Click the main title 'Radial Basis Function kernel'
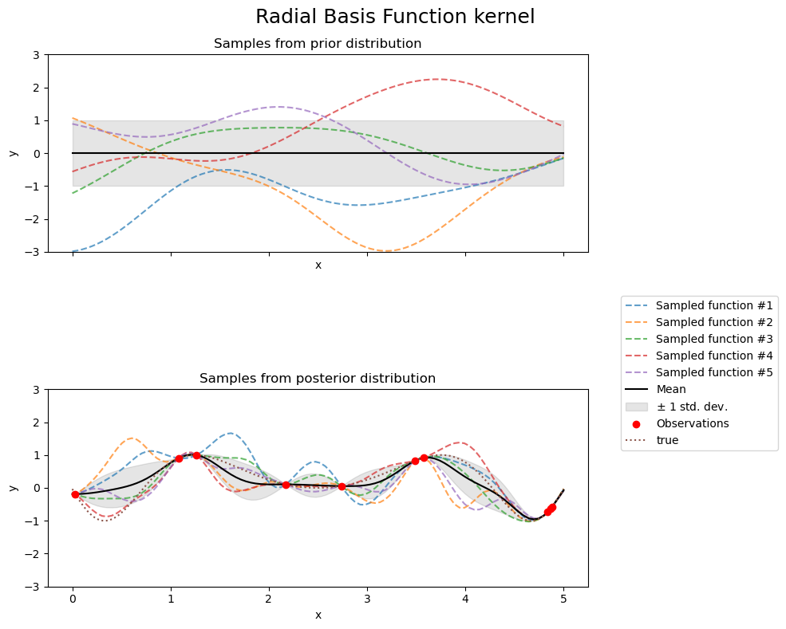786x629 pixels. coord(394,17)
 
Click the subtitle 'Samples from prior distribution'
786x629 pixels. coord(318,44)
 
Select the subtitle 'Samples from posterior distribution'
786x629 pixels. coord(318,379)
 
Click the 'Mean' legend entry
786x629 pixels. coord(671,389)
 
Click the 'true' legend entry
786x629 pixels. coord(667,440)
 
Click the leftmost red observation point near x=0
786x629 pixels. coord(75,494)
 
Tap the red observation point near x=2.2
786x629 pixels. coord(286,485)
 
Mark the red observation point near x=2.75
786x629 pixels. coord(342,486)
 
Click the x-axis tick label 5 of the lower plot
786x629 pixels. coord(563,599)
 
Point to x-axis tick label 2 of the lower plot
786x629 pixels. coord(269,599)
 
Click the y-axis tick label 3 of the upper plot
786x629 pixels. coord(36,55)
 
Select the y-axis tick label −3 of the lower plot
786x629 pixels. coord(33,587)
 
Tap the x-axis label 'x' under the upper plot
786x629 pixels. coord(318,265)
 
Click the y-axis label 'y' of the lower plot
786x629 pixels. coord(13,488)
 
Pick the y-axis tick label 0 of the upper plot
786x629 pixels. coord(36,153)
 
